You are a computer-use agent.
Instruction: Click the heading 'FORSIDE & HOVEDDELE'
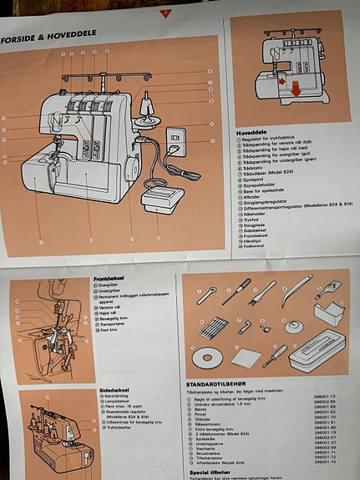(49, 33)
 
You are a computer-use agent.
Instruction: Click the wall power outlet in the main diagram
(175, 139)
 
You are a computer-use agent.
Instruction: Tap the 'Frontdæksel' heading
(110, 277)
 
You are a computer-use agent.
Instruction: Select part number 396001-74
(324, 462)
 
